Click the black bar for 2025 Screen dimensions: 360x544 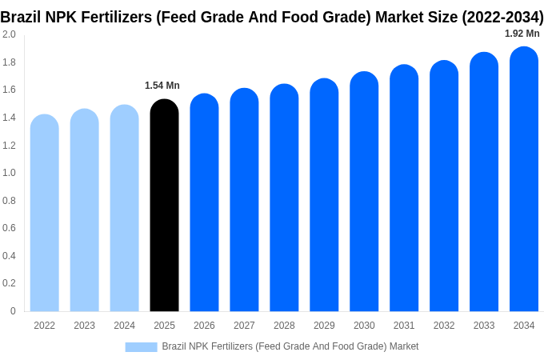coord(164,206)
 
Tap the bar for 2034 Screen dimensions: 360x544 coord(524,179)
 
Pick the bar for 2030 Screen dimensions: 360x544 coord(364,192)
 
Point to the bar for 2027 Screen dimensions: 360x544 coord(244,200)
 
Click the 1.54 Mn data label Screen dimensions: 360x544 coord(162,86)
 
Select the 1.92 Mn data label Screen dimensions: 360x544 coord(522,34)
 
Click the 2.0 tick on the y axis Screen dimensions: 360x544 coord(9,34)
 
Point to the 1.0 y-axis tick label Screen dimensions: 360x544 coord(9,173)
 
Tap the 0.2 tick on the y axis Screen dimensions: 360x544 coord(9,283)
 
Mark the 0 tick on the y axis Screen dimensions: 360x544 coord(13,311)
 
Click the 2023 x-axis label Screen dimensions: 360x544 coord(84,326)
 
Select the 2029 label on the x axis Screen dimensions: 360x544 coord(324,326)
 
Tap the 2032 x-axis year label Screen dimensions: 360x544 coord(444,326)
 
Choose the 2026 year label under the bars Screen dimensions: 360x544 coord(204,326)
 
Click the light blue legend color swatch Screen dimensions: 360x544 coord(141,347)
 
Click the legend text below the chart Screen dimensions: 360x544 coord(290,346)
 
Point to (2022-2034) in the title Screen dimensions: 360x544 coord(502,16)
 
